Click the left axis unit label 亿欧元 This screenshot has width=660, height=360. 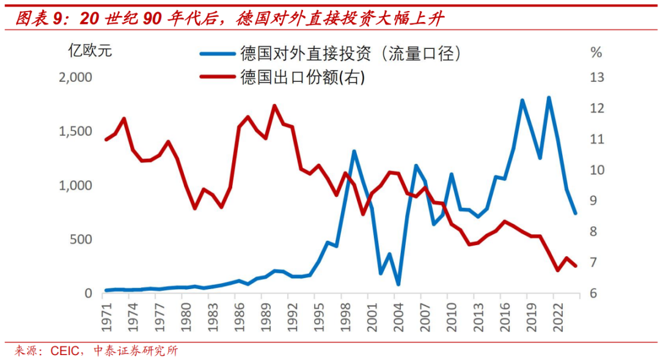(89, 51)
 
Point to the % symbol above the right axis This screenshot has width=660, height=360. (596, 53)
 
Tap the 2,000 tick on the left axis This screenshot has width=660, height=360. (75, 78)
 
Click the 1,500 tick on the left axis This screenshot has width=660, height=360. (75, 131)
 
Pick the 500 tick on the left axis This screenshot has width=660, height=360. (81, 239)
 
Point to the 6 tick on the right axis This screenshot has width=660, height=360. (593, 293)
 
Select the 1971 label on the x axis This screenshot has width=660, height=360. (106, 315)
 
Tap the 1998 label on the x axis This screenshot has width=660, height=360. (345, 315)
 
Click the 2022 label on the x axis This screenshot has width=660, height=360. (557, 315)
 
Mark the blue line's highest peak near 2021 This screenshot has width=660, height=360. (549, 98)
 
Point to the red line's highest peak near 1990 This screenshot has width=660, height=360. (274, 106)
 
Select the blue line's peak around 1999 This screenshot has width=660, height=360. (354, 151)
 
